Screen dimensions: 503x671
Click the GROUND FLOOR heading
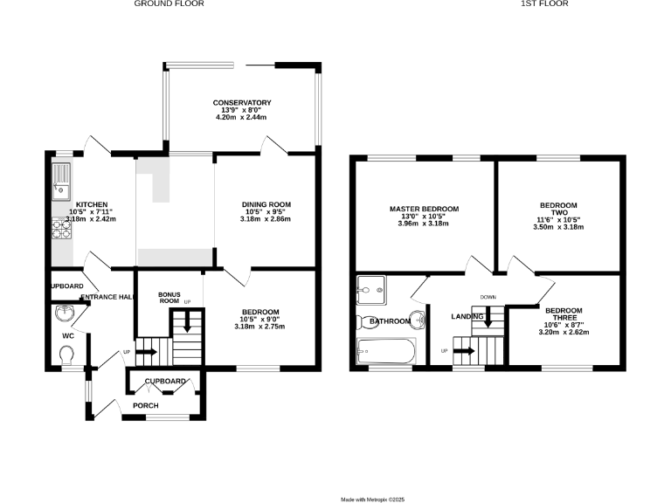[169, 3]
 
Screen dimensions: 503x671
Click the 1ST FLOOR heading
[545, 3]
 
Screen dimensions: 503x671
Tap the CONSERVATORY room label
[242, 103]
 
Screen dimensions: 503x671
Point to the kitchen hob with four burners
[62, 228]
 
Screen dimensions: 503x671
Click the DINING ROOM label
[266, 204]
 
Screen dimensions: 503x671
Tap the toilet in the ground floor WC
[66, 354]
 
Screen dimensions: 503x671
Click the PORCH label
[146, 406]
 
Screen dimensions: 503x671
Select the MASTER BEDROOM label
[424, 210]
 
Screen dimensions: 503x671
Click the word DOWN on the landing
[488, 297]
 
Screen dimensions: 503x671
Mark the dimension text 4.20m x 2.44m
[242, 117]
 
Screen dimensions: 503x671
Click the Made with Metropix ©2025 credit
[373, 500]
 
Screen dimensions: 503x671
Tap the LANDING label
[467, 316]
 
